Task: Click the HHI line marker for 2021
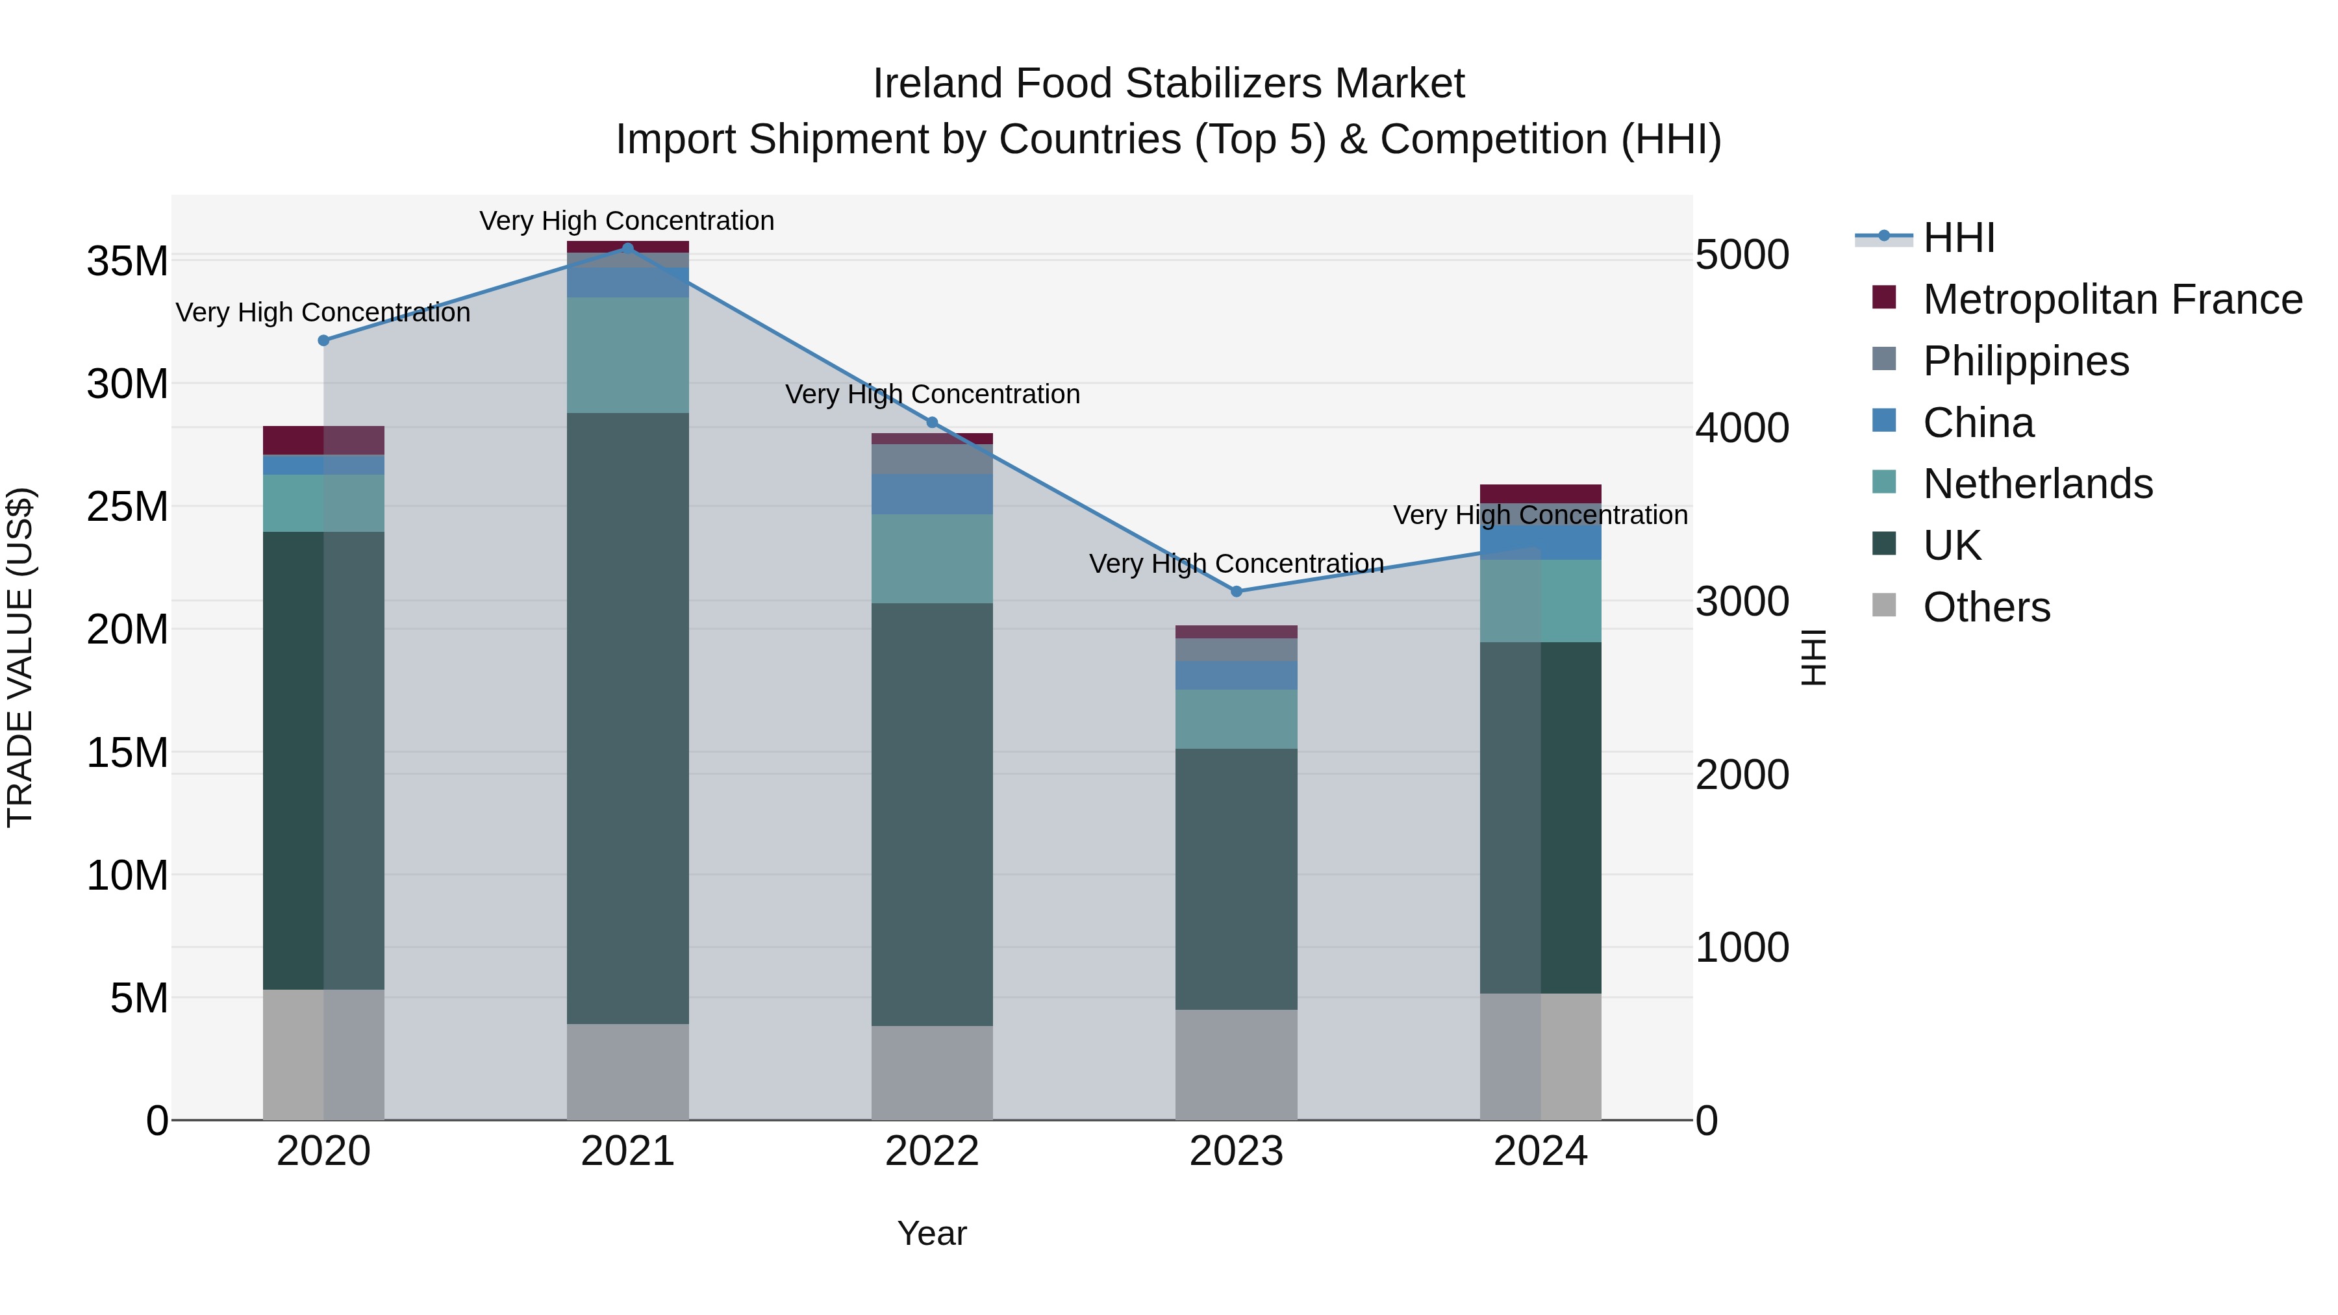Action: tap(627, 248)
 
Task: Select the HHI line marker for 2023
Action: tap(1236, 591)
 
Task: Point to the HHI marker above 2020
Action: tap(323, 340)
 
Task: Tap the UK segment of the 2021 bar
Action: tap(627, 717)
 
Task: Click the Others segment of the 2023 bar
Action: tap(1236, 1064)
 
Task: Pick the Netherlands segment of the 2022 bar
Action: tap(932, 558)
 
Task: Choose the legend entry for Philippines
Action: tap(2025, 361)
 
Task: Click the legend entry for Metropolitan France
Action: tap(2111, 299)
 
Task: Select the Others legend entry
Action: tap(1986, 607)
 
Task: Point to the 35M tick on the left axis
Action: tap(127, 261)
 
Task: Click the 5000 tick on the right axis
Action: tap(1742, 255)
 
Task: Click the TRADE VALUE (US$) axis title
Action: tap(21, 657)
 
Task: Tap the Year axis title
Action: tap(932, 1233)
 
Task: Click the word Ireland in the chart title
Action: tap(938, 84)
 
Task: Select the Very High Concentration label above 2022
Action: tap(932, 395)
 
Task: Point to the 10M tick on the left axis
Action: tap(127, 876)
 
